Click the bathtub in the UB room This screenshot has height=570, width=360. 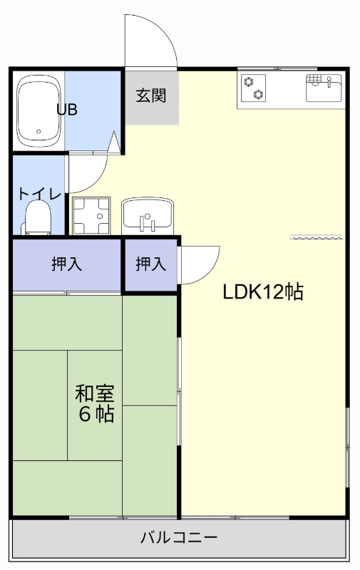(38, 110)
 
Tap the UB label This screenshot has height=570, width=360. (68, 110)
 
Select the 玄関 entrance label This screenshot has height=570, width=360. (151, 95)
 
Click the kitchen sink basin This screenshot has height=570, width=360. (324, 88)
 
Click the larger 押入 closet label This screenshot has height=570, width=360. (67, 264)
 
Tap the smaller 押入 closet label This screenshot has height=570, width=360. (151, 264)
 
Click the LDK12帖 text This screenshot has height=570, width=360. (263, 291)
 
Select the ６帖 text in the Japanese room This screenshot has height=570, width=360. (96, 415)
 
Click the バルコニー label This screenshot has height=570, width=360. (179, 537)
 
